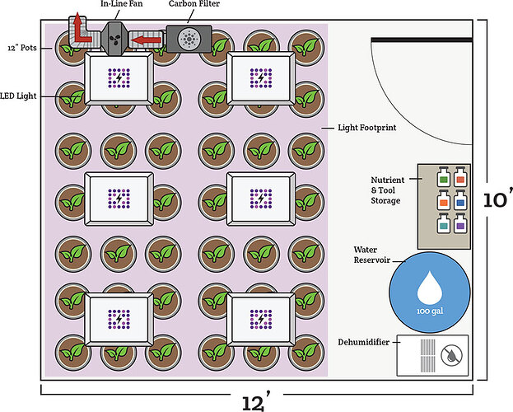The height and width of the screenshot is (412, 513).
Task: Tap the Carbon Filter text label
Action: (x=196, y=4)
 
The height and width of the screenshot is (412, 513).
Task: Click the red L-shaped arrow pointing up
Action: (x=79, y=29)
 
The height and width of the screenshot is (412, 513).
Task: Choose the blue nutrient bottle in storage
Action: (x=459, y=200)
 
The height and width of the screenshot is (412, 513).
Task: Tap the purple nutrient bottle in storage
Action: (x=459, y=224)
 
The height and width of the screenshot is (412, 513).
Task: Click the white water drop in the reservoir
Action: (x=428, y=288)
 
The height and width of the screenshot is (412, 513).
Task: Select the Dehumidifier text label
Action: (x=364, y=341)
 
